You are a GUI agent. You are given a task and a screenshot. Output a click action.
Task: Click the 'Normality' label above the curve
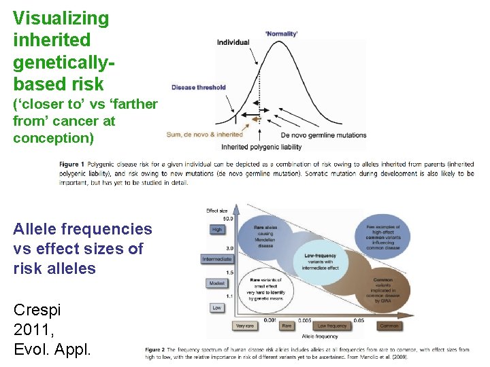click(x=281, y=33)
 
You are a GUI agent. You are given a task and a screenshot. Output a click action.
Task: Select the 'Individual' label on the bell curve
click(x=233, y=42)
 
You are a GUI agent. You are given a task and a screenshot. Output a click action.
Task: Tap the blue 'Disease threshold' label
click(x=198, y=87)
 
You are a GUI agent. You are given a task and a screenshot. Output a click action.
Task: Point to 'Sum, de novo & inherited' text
click(x=204, y=135)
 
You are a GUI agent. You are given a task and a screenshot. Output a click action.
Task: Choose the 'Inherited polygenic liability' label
click(x=261, y=147)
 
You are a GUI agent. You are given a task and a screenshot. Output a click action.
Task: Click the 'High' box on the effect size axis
click(x=216, y=230)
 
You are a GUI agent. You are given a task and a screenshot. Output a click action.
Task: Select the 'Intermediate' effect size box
click(x=216, y=259)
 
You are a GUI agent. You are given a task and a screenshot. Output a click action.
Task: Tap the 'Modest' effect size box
click(x=216, y=283)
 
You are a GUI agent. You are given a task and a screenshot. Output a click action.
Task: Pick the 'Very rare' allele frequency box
click(x=246, y=326)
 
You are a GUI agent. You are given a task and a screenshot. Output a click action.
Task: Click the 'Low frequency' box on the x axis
click(x=331, y=326)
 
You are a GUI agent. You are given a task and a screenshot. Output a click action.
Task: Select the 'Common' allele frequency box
click(x=389, y=326)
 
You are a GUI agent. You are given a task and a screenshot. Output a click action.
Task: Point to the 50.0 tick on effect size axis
click(x=228, y=219)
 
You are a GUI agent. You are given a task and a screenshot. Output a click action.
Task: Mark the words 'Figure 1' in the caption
click(x=71, y=164)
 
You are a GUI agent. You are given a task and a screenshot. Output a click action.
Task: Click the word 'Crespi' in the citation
click(x=37, y=310)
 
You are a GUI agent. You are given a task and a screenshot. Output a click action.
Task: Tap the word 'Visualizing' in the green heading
click(x=61, y=18)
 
